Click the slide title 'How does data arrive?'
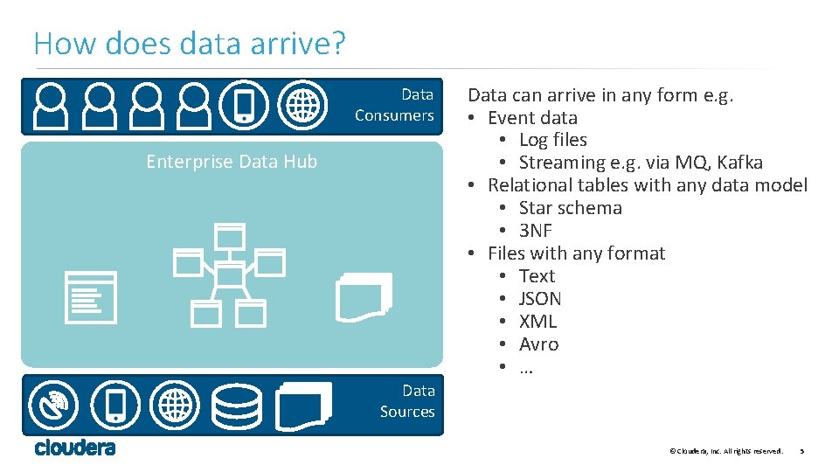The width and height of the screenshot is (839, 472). (191, 43)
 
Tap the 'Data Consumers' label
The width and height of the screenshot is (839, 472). (394, 105)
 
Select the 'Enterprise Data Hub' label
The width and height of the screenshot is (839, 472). (232, 162)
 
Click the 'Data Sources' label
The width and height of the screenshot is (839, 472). (407, 401)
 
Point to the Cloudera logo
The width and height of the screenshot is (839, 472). (75, 448)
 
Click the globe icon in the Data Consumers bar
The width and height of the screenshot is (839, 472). (302, 105)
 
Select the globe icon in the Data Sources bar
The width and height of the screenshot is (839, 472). (175, 406)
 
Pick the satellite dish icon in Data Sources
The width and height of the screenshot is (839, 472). (54, 406)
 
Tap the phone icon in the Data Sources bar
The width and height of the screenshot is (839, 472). (115, 406)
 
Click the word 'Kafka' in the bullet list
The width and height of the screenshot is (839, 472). (739, 163)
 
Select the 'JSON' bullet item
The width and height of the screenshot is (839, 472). (540, 299)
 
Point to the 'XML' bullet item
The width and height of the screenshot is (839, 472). (537, 322)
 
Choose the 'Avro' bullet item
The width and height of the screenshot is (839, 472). (538, 344)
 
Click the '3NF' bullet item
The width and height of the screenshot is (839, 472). (535, 231)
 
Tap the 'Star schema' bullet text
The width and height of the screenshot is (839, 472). (570, 208)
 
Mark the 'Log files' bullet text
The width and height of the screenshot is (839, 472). (552, 140)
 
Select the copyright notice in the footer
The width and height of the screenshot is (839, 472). (725, 451)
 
